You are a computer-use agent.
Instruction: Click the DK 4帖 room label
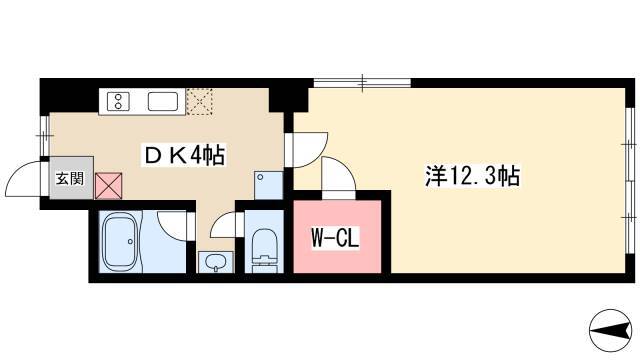[x=184, y=156]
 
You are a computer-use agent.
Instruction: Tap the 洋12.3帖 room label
[x=472, y=176]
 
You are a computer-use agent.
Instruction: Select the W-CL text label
[x=336, y=238]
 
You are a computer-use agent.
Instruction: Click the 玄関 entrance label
[x=70, y=178]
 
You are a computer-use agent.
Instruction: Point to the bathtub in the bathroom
[x=120, y=242]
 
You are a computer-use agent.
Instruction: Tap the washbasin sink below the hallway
[x=216, y=262]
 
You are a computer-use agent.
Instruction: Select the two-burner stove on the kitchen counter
[x=118, y=101]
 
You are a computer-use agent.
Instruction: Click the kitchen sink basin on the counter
[x=163, y=101]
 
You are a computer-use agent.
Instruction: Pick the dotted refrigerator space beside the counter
[x=200, y=102]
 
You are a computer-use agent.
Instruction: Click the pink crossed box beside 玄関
[x=109, y=186]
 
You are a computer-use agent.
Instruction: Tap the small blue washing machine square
[x=268, y=185]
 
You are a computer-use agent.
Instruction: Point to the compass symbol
[x=611, y=331]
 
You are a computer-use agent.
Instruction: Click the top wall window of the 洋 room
[x=362, y=83]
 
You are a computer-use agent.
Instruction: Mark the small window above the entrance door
[x=44, y=136]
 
